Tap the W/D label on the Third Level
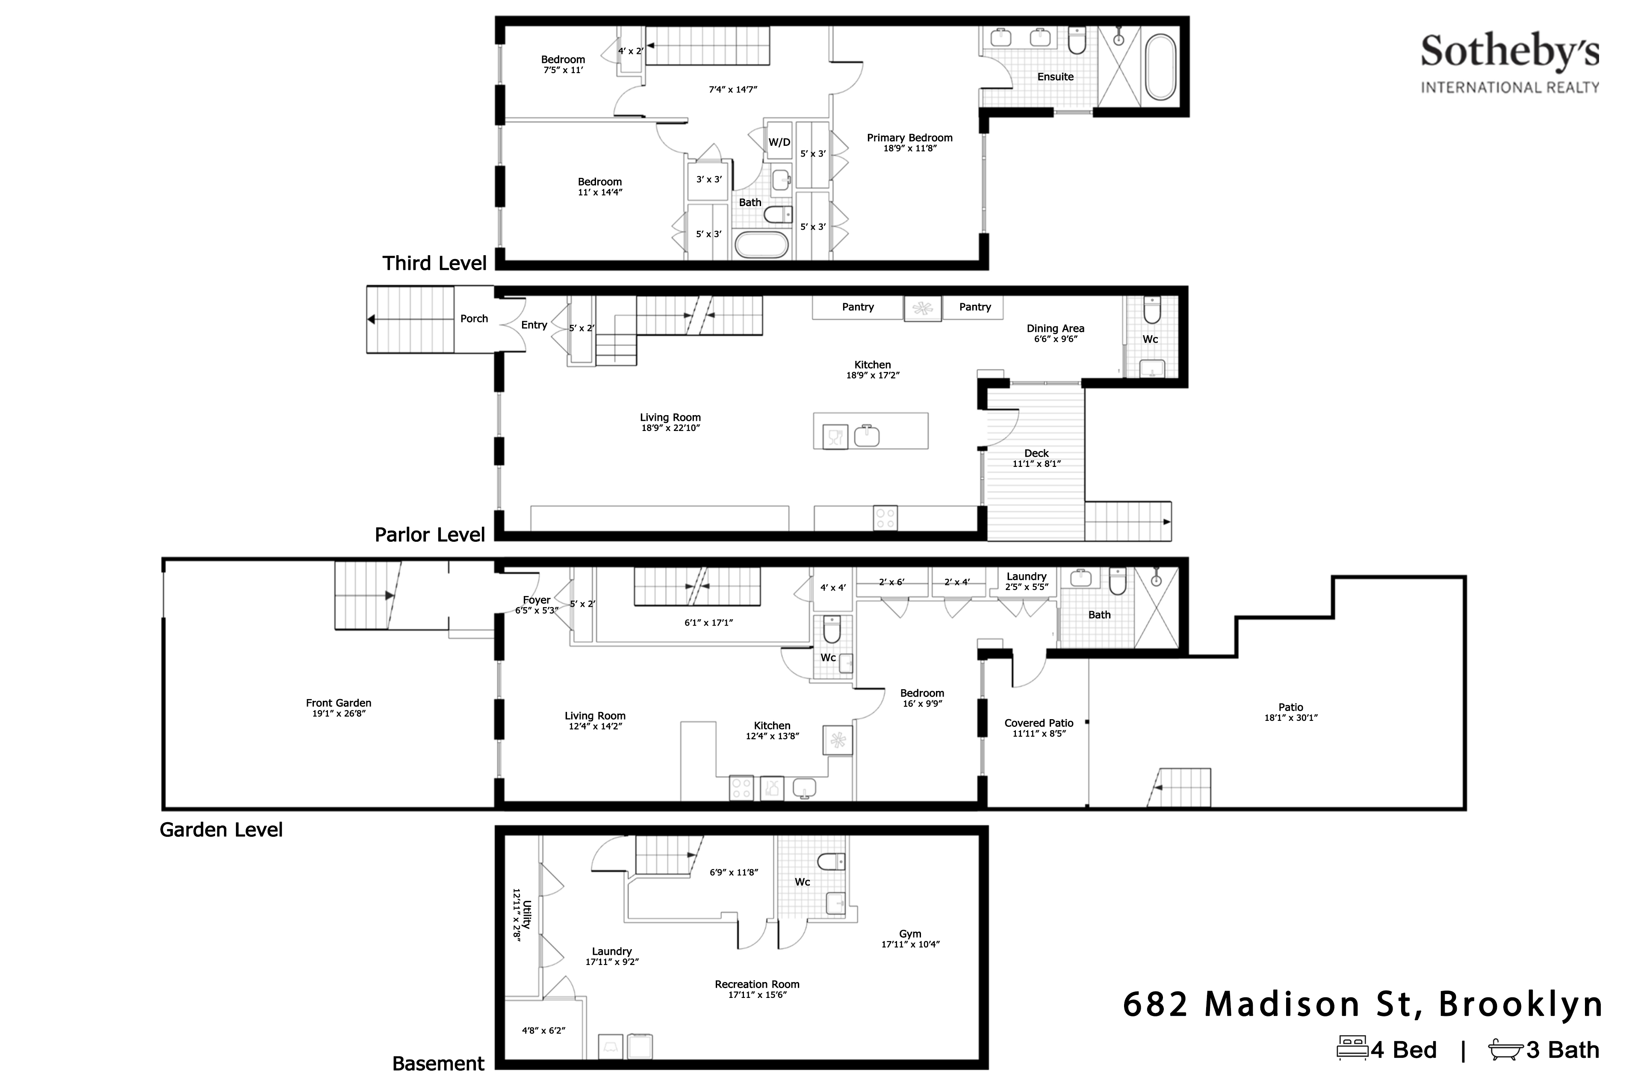(779, 142)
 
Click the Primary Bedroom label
(909, 138)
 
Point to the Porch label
(475, 319)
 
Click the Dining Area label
(1056, 328)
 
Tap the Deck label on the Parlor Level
(1037, 453)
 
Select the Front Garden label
(339, 703)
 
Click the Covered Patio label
(1039, 723)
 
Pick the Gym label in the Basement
(910, 934)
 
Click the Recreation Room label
(757, 984)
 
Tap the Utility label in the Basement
(528, 914)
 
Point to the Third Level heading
(435, 263)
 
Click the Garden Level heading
(221, 830)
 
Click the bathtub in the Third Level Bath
(761, 245)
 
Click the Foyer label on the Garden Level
(537, 600)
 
